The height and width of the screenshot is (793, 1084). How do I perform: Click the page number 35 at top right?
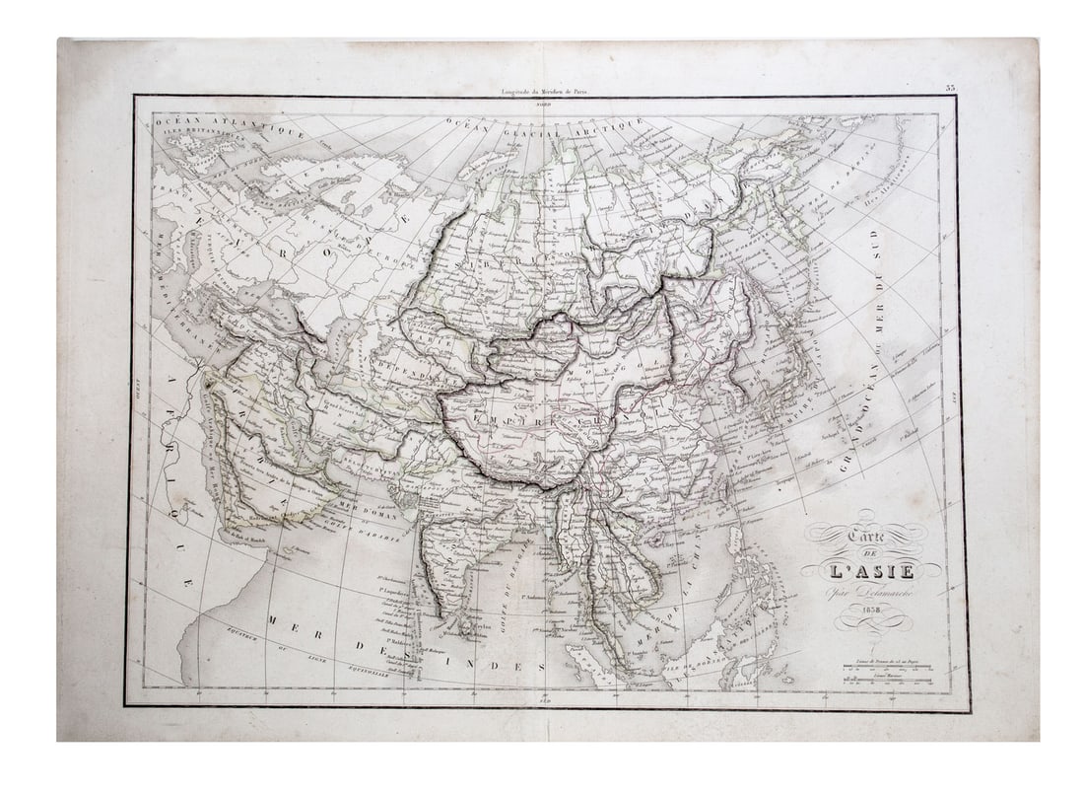point(950,88)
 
